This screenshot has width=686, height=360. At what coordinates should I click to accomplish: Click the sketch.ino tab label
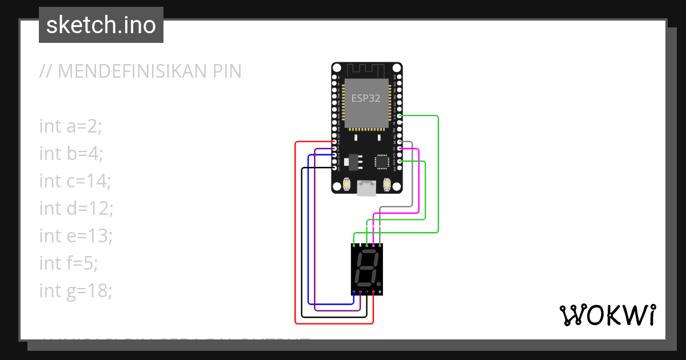(x=101, y=25)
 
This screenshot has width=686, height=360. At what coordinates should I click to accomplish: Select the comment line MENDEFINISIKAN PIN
(x=140, y=71)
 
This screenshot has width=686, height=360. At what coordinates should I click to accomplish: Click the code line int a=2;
(x=70, y=126)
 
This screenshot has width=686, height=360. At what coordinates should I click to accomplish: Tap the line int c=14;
(x=75, y=181)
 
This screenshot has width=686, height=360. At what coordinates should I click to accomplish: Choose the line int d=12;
(x=76, y=209)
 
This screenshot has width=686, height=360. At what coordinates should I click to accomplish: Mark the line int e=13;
(x=76, y=236)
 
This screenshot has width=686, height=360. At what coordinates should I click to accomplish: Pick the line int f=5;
(x=69, y=263)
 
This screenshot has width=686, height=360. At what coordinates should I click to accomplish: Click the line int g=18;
(x=76, y=291)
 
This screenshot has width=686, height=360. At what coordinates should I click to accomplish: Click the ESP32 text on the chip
(x=366, y=98)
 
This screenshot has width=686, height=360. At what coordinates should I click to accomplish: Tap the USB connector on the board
(x=366, y=188)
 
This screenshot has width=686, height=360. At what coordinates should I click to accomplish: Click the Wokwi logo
(x=607, y=315)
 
